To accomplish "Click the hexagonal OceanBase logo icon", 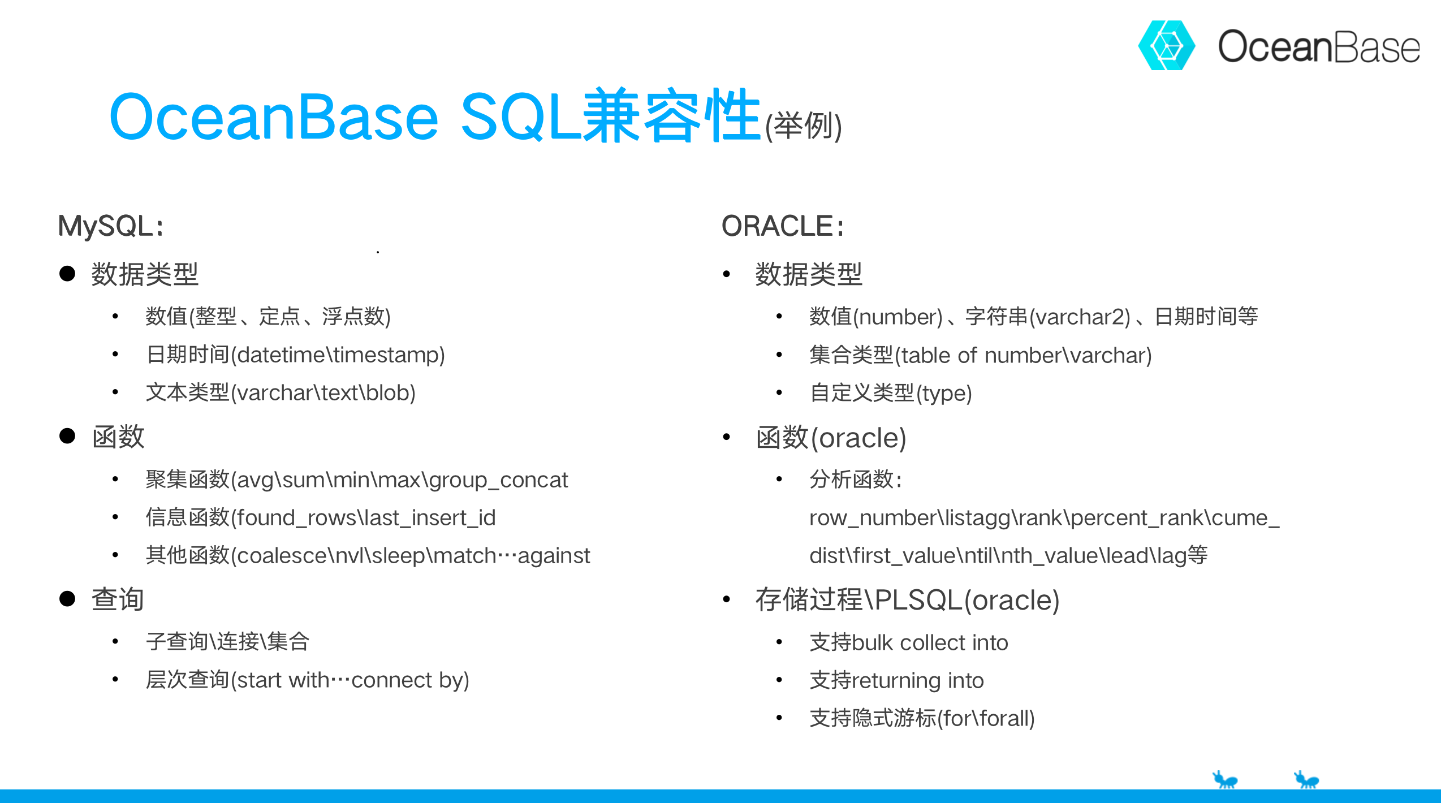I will tap(1166, 46).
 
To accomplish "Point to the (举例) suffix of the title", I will tap(803, 126).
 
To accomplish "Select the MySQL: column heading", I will tap(111, 226).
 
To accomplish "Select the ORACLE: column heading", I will tap(783, 226).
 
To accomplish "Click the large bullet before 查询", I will tap(67, 599).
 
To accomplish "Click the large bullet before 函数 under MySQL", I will tap(67, 436).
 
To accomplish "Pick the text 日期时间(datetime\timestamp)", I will tap(295, 355).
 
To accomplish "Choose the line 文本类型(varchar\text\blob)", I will tap(281, 393).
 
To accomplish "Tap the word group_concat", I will tap(498, 480).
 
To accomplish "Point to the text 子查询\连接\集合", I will tap(227, 642).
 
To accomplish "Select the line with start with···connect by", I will tap(307, 680).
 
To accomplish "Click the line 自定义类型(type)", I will tap(891, 393).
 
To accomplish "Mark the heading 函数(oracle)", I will tap(831, 438).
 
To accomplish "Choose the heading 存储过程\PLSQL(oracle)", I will tap(907, 600).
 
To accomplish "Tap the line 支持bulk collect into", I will tap(908, 643).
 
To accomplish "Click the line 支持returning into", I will tap(896, 680).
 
